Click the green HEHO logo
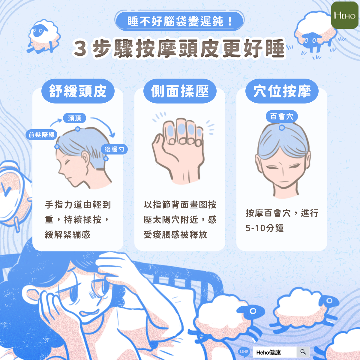click(345, 15)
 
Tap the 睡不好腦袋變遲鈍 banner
click(179, 21)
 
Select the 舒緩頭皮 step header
click(78, 91)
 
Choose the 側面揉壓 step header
click(180, 91)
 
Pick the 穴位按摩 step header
click(282, 91)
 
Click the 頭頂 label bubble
click(74, 118)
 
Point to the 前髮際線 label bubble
click(41, 134)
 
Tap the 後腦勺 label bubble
click(114, 149)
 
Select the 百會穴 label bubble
click(282, 117)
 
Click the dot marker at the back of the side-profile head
click(106, 159)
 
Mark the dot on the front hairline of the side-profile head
click(57, 147)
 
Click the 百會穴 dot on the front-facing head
click(282, 128)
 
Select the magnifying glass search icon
click(303, 352)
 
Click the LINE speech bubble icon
click(244, 352)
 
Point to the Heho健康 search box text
click(268, 352)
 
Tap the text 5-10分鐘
click(265, 228)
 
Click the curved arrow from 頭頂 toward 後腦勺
click(106, 123)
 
